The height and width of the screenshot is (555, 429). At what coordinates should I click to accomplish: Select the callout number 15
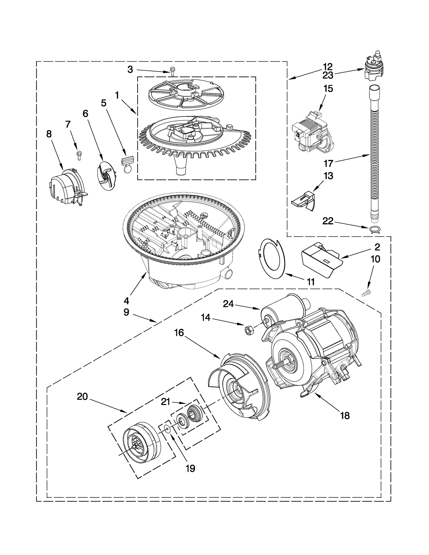(328, 89)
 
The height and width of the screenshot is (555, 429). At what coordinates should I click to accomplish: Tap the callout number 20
(82, 404)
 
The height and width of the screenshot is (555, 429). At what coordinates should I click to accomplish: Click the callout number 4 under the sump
(126, 301)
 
